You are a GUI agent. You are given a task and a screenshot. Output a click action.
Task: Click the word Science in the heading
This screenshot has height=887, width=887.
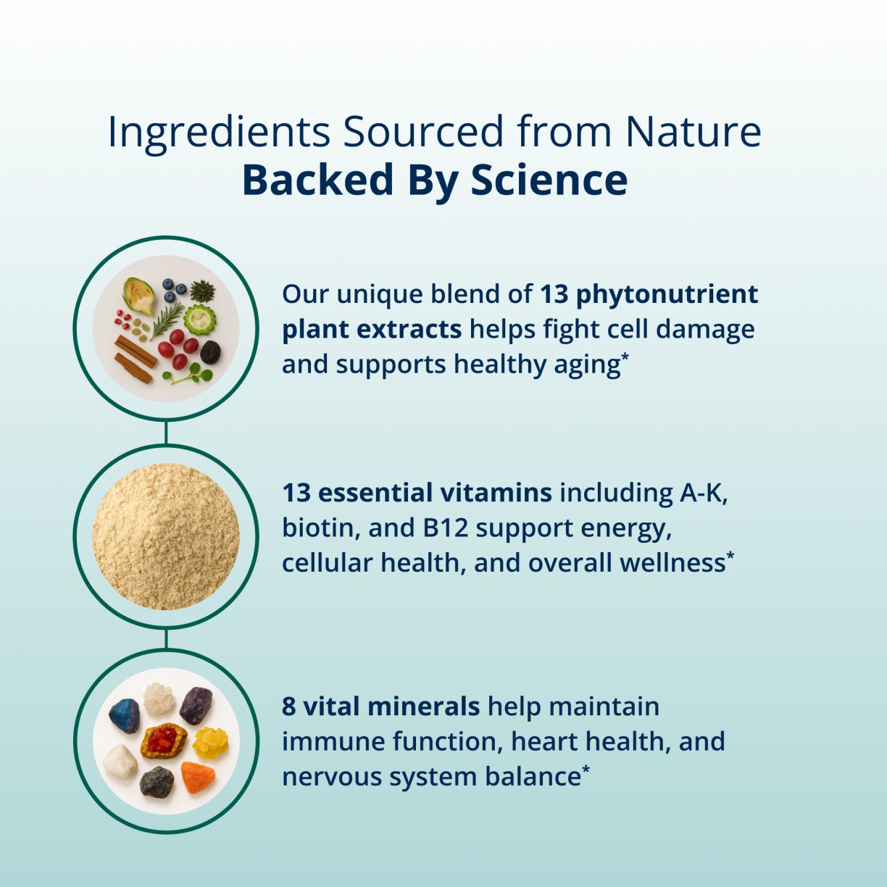[x=549, y=180]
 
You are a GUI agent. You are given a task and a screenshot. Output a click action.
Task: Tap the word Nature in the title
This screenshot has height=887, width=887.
[x=693, y=132]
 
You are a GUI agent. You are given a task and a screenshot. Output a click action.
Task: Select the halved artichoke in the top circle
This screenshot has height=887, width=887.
[x=138, y=296]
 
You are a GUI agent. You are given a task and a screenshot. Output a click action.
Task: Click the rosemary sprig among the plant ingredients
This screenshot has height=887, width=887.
[x=167, y=319]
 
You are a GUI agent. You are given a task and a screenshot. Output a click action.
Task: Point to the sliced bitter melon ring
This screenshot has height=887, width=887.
[x=199, y=320]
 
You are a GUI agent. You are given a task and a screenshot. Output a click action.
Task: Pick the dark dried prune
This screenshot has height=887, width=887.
[x=211, y=352]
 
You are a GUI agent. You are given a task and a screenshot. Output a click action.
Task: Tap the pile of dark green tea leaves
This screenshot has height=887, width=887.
[x=202, y=291]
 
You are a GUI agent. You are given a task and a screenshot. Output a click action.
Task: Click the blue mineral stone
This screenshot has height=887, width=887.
[x=125, y=716]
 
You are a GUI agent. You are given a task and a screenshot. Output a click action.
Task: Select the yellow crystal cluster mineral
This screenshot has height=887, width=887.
[x=210, y=742]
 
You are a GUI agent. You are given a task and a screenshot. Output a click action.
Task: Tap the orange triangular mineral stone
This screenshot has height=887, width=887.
[x=198, y=777]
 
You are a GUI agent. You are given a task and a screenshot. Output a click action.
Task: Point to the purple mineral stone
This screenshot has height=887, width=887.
[x=196, y=705]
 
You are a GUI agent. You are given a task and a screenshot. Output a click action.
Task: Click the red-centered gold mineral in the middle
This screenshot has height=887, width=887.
[x=164, y=741]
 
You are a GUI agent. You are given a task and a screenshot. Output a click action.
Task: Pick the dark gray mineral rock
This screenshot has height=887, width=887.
[x=157, y=782]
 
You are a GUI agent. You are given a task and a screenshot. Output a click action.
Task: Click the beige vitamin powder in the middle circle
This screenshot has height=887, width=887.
[x=166, y=536]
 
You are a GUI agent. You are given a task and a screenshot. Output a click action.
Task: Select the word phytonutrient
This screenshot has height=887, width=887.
[x=667, y=294]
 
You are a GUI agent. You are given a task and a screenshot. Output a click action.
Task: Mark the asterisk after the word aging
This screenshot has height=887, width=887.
[x=625, y=357]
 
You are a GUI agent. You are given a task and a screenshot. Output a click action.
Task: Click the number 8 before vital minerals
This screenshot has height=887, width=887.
[x=289, y=707]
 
